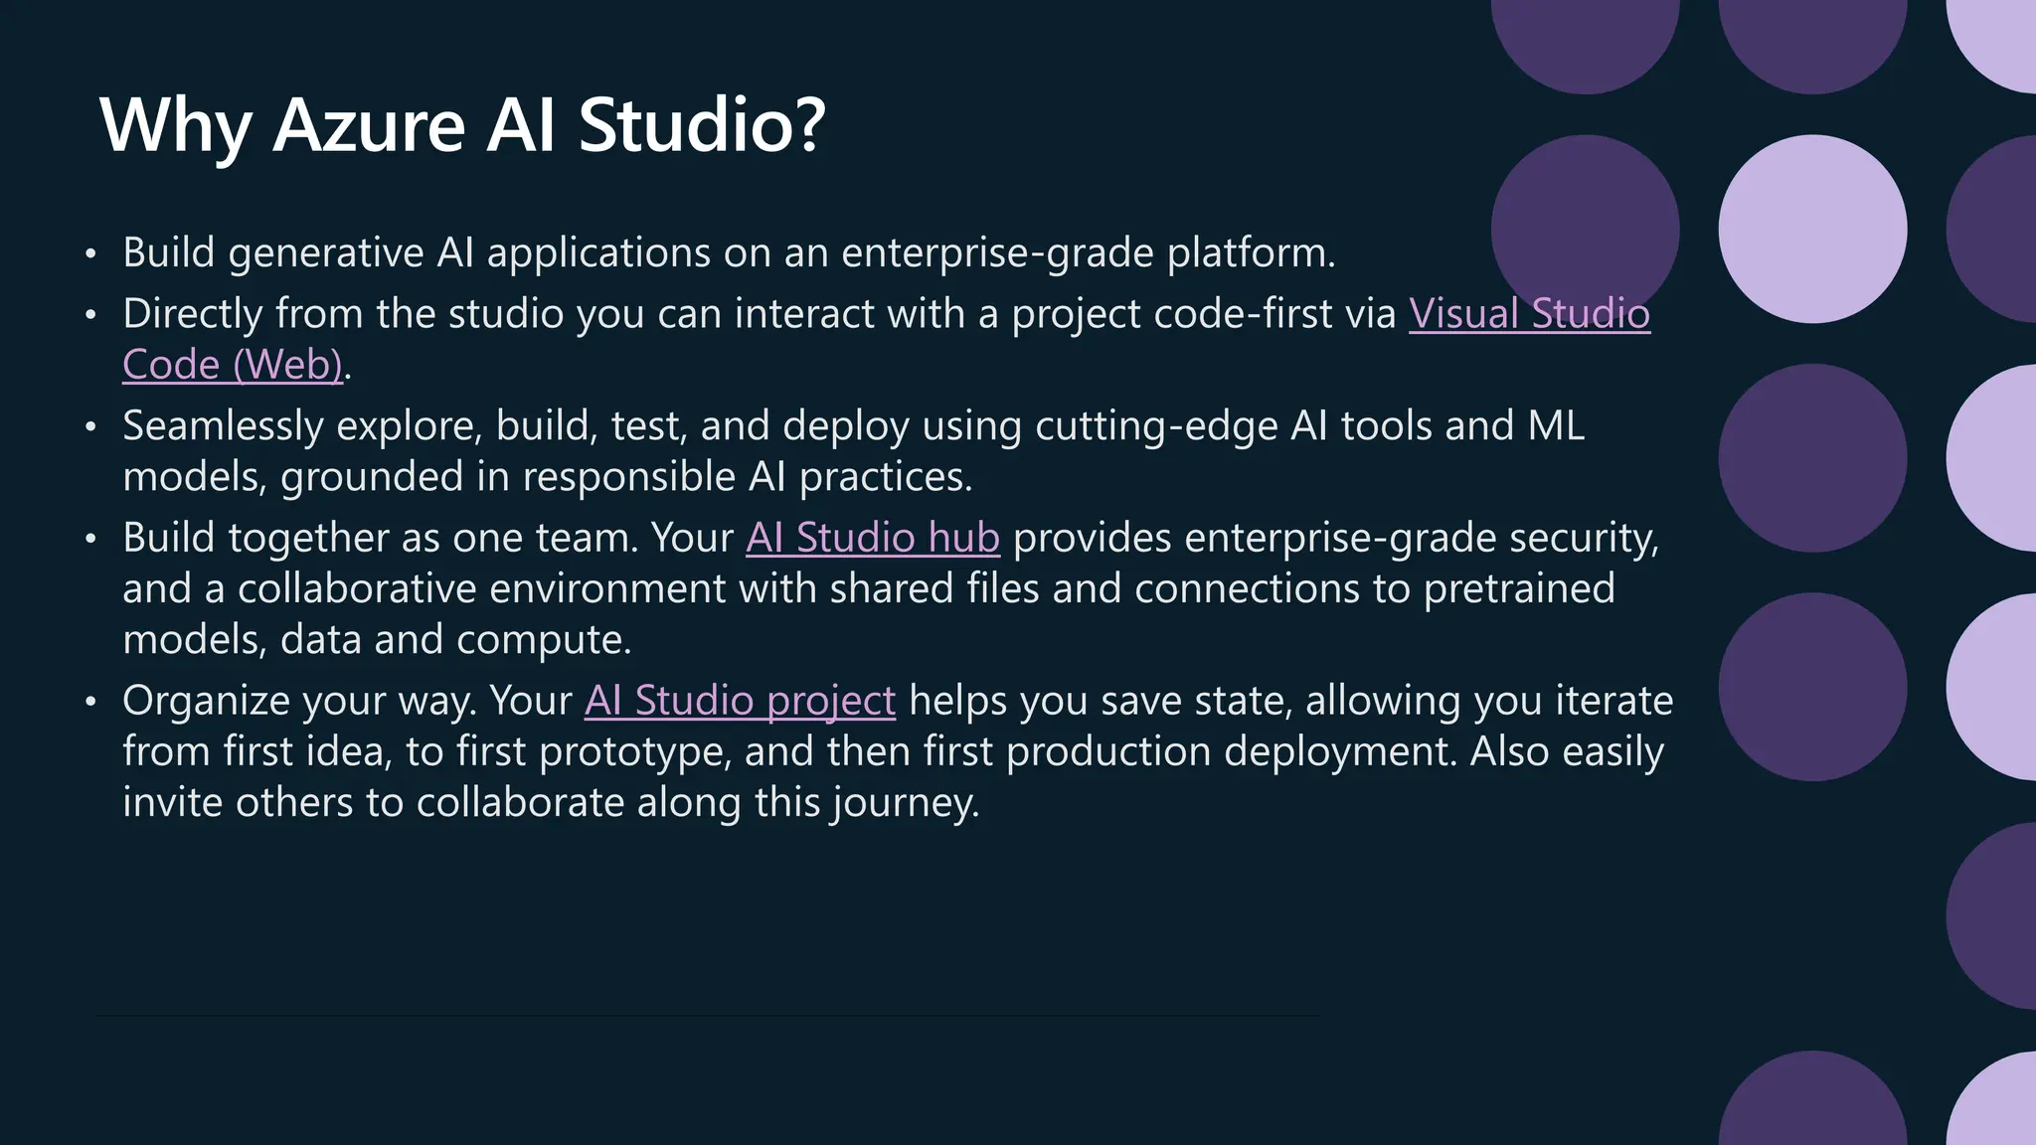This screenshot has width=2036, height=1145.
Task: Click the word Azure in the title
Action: [369, 126]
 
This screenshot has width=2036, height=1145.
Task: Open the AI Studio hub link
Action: [872, 538]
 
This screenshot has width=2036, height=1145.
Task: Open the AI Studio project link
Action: [740, 701]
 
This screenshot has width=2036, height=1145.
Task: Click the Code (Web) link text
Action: [233, 365]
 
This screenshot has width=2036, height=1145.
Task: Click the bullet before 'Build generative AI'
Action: [90, 254]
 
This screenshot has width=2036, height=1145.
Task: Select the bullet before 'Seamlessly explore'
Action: [90, 427]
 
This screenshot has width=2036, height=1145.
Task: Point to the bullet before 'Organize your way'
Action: [90, 702]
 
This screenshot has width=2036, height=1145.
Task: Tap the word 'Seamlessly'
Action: [223, 426]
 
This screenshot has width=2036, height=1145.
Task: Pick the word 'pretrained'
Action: [1518, 588]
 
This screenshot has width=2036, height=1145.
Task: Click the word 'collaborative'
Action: [356, 588]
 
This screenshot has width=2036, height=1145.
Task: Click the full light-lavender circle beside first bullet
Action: [1812, 229]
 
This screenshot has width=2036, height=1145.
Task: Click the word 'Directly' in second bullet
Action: [192, 314]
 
